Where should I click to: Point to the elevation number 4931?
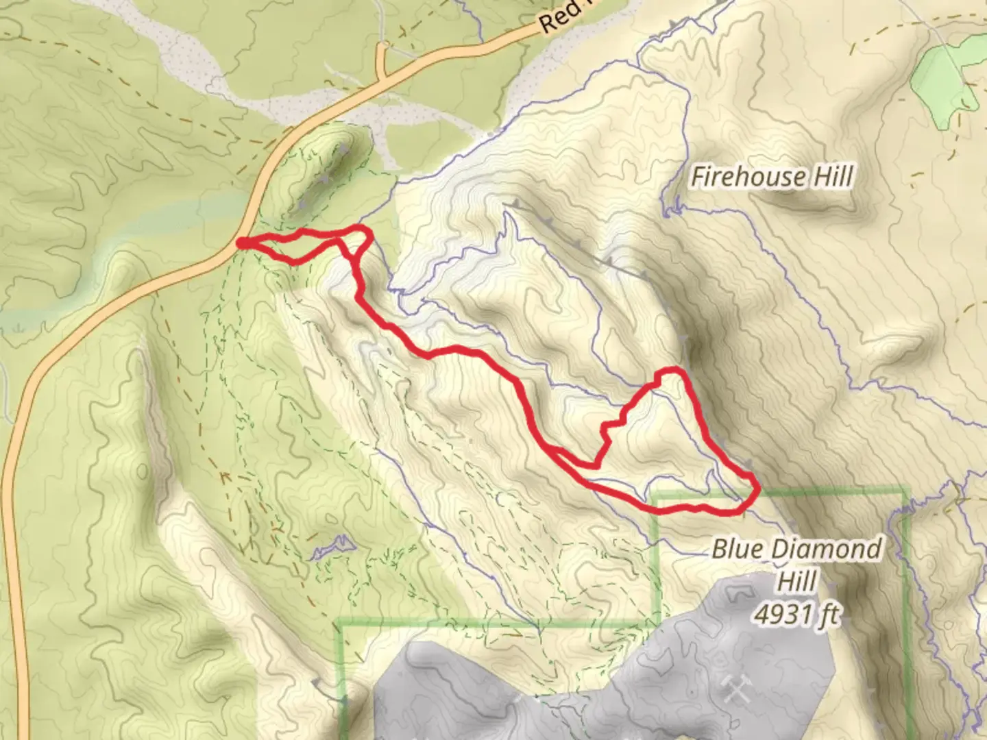(780, 614)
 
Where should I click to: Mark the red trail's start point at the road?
(242, 243)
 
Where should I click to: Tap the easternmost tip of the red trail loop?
(757, 489)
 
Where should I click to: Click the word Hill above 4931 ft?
(796, 581)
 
